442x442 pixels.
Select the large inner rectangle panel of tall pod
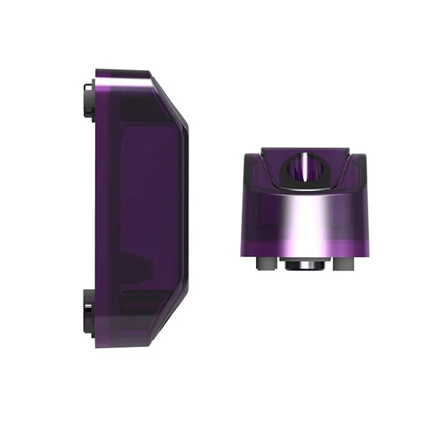pyautogui.click(x=150, y=195)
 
